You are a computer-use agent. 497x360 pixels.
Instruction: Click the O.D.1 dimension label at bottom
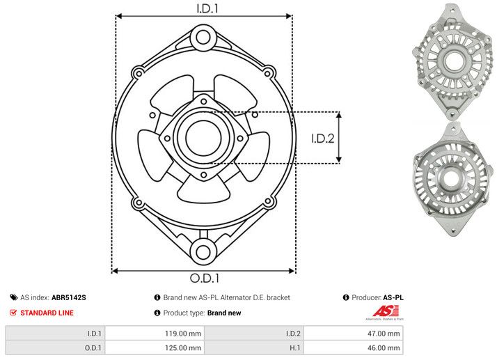click(x=204, y=281)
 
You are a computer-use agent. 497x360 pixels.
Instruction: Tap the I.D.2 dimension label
click(x=323, y=137)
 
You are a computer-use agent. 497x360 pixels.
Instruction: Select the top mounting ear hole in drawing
click(x=203, y=36)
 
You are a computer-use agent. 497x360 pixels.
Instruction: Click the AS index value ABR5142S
click(x=69, y=297)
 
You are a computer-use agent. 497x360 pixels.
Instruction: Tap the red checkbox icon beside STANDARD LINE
click(x=13, y=313)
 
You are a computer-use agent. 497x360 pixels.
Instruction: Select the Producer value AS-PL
click(x=393, y=297)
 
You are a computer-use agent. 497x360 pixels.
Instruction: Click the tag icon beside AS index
click(x=13, y=297)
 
